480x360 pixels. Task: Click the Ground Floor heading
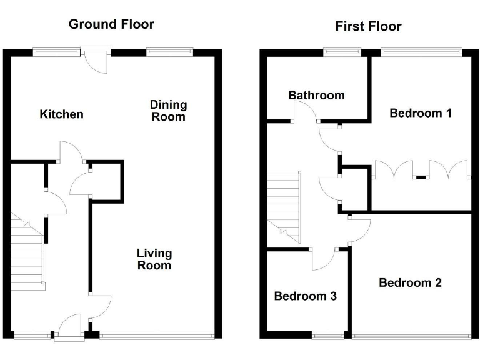[x=111, y=24]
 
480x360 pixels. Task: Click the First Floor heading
[x=368, y=26]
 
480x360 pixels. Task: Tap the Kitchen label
[x=61, y=114]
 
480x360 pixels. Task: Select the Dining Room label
[x=168, y=111]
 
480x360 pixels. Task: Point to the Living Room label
[x=154, y=259]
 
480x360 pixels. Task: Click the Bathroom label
[x=316, y=96]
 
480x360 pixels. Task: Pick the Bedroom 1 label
[x=421, y=113]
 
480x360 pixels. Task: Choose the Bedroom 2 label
[x=410, y=282]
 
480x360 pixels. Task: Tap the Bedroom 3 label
[x=306, y=296]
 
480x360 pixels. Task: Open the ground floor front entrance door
[x=70, y=327]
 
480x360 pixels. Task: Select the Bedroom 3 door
[x=323, y=259]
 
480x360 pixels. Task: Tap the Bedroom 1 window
[x=421, y=52]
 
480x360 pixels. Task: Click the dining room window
[x=169, y=52]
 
